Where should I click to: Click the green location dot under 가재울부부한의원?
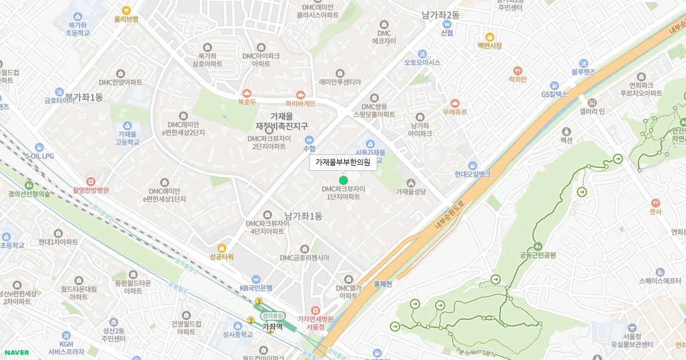(x=343, y=180)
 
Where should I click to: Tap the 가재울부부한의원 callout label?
(x=343, y=163)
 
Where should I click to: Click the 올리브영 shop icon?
(x=126, y=9)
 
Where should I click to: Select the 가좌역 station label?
(x=272, y=327)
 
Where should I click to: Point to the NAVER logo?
(x=15, y=353)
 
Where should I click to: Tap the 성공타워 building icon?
(x=222, y=247)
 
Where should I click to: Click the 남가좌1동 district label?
(x=303, y=217)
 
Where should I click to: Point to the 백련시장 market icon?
(x=489, y=36)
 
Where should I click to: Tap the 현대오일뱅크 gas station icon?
(x=472, y=165)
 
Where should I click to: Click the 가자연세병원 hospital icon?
(x=315, y=310)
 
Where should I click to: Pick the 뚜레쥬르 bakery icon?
(x=454, y=103)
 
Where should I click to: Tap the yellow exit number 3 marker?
(x=259, y=301)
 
